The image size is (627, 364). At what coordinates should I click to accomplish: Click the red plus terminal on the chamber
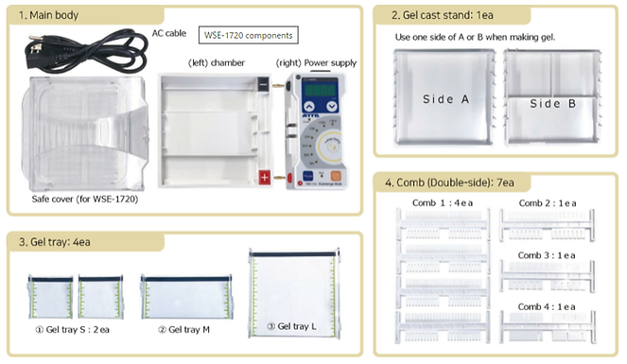point(264,177)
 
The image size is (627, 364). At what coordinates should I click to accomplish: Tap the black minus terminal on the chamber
point(263,84)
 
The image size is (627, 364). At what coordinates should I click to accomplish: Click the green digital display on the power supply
point(320,90)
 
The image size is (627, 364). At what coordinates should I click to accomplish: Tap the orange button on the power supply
point(336,176)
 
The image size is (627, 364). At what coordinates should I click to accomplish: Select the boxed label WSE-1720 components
point(249,35)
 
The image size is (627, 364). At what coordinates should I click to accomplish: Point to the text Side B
point(553,103)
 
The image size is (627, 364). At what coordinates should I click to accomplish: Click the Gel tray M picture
point(186,297)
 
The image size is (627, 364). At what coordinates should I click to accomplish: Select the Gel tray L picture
point(294,293)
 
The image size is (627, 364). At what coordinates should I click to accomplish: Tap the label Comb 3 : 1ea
point(547,255)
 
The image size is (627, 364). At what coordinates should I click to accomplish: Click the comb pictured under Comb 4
point(548,327)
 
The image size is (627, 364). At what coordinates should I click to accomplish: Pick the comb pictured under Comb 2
point(547,225)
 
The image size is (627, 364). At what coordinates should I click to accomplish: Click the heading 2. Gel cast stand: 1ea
point(443,15)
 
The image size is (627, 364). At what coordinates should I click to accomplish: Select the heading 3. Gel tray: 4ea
point(55,242)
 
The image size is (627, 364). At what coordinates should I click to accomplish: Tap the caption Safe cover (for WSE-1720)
point(85,199)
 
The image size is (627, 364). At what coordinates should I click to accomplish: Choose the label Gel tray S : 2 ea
point(73,330)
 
